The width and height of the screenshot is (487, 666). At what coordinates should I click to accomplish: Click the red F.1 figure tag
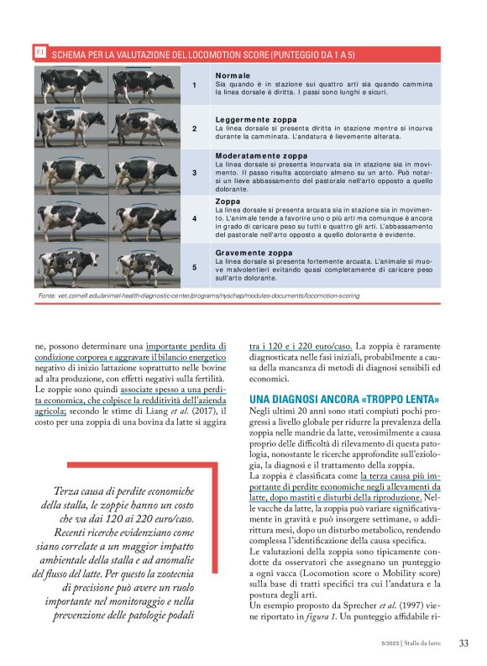[39, 53]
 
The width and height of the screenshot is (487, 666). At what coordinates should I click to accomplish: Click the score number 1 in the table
[195, 85]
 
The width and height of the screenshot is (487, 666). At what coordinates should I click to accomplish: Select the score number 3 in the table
[195, 173]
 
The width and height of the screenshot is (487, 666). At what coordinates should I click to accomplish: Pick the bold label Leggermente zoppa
[256, 119]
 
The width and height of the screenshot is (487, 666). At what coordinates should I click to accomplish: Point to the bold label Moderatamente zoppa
[261, 156]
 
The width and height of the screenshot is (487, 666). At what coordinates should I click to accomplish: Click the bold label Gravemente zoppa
[254, 252]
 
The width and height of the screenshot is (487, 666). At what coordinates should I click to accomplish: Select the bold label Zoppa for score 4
[228, 202]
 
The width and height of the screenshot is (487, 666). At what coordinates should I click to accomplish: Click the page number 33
[463, 644]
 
